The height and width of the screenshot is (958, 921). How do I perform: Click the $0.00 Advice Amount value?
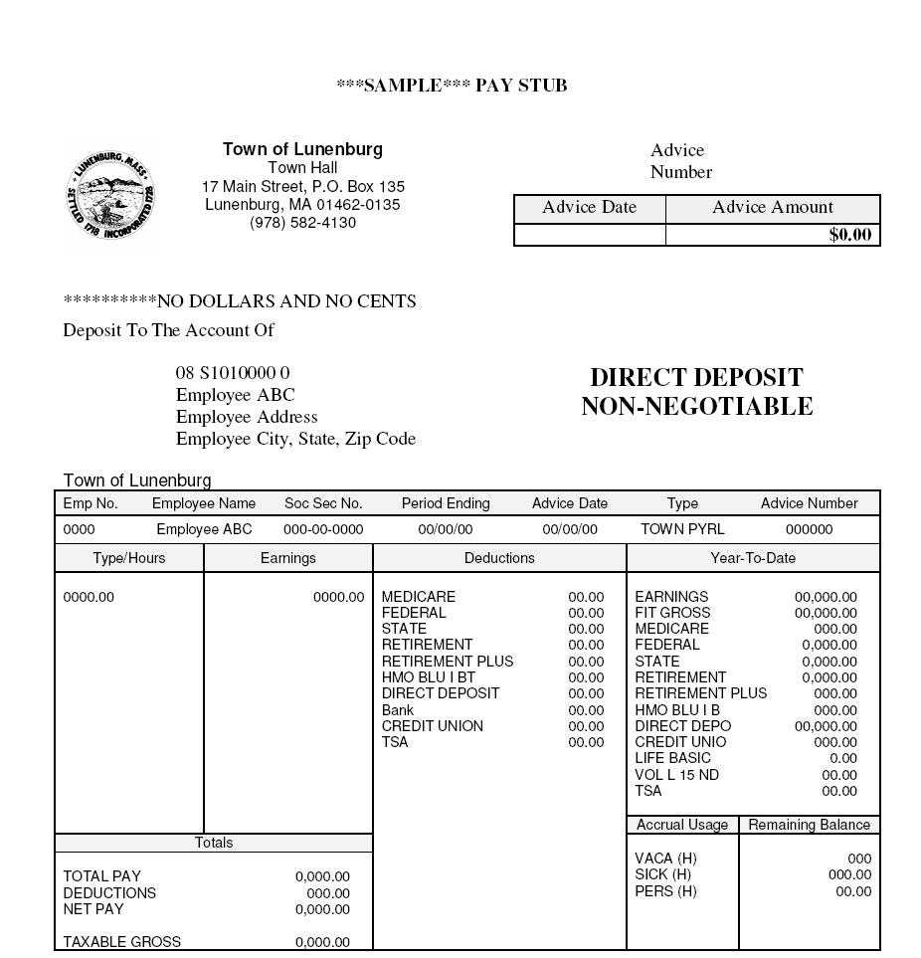pos(849,235)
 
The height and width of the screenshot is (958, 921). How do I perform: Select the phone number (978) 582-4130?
pos(302,223)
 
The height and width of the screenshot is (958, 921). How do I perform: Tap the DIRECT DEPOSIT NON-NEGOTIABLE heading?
pos(696,392)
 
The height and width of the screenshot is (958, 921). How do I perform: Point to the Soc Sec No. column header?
pos(323,503)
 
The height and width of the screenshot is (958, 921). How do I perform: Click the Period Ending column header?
pos(446,503)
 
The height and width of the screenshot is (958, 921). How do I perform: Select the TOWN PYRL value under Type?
pos(682,529)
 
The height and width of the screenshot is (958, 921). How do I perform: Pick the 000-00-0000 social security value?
pos(323,529)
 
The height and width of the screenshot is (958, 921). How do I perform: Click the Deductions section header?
pos(499,558)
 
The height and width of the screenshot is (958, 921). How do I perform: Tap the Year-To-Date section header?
pos(753,558)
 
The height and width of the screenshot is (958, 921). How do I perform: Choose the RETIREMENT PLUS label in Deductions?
pos(448,662)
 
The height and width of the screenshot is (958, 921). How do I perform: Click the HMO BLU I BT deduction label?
pos(429,677)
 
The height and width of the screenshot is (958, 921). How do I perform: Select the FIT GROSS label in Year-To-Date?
pos(672,613)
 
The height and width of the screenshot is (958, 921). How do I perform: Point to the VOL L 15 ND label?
pos(676,775)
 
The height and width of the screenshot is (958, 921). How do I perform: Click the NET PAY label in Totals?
pos(93,909)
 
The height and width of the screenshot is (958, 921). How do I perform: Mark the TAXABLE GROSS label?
pos(121,942)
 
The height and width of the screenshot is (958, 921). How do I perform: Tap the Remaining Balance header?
pos(809,825)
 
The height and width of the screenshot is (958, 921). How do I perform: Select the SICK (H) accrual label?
pos(662,874)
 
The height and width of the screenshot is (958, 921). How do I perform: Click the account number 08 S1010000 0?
pos(233,373)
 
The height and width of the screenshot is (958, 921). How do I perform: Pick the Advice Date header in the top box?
pos(589,208)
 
